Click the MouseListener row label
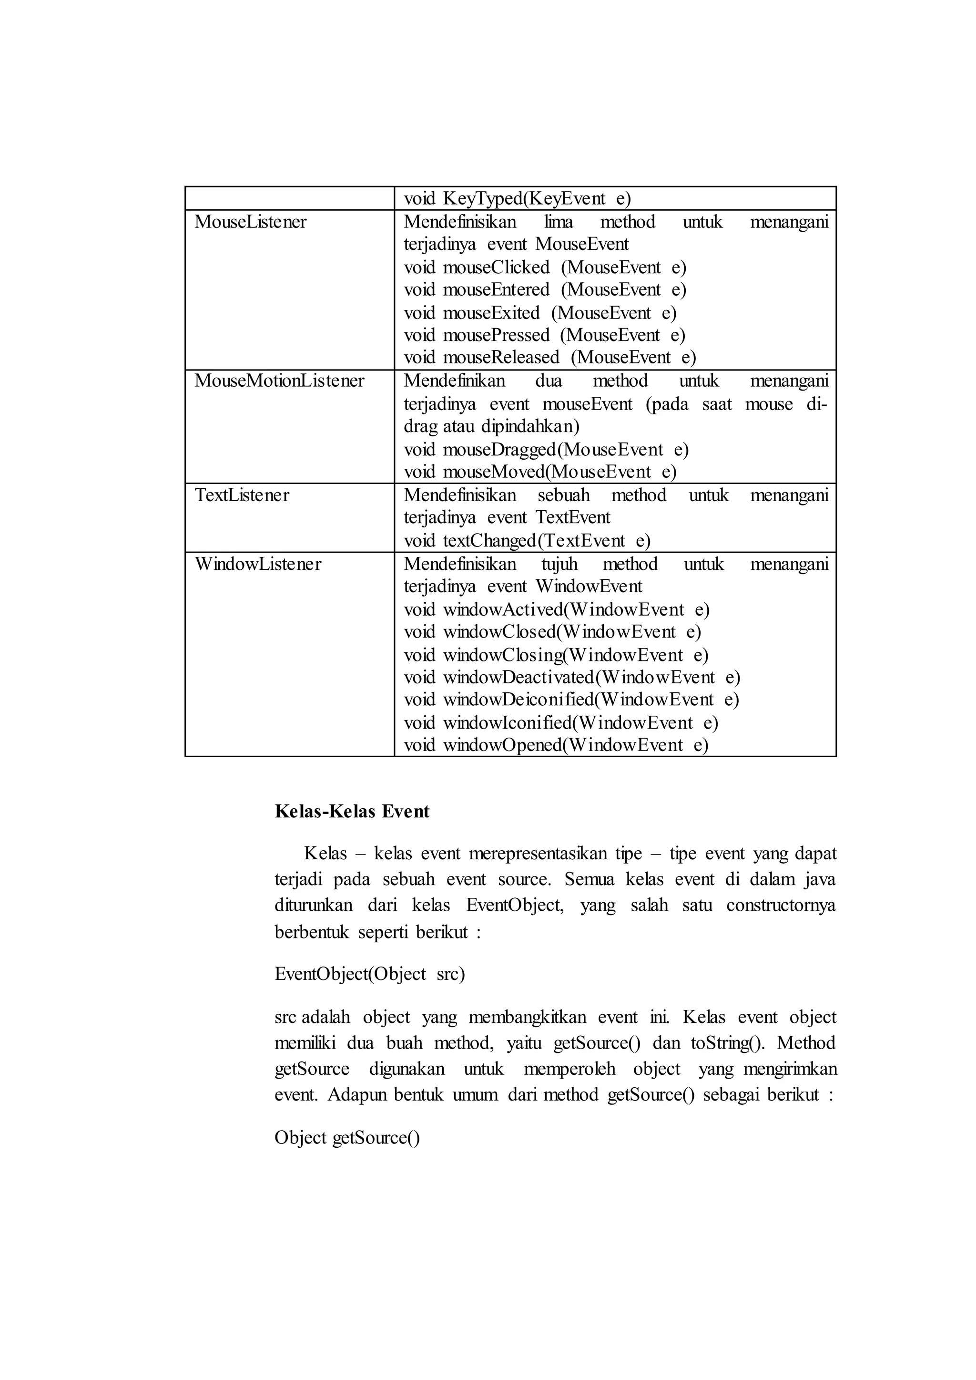250,222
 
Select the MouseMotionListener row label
279,381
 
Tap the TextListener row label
242,495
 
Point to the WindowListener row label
258,564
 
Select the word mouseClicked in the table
496,267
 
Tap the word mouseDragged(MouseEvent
553,449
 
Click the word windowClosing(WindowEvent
563,655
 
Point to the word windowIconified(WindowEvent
568,722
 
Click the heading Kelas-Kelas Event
352,811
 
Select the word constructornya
781,906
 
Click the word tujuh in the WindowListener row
559,564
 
